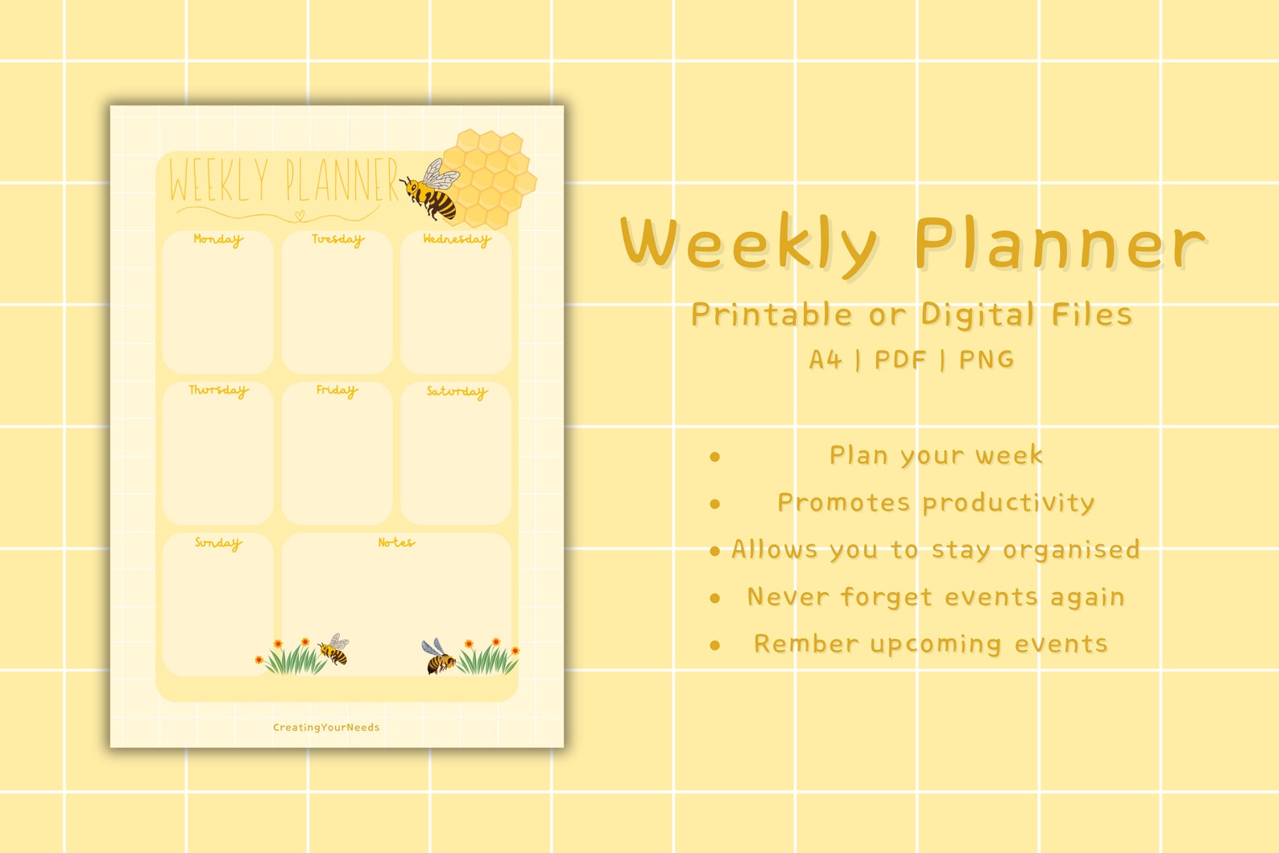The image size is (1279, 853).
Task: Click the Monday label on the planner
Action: pyautogui.click(x=217, y=239)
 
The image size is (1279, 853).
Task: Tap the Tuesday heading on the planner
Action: pyautogui.click(x=337, y=239)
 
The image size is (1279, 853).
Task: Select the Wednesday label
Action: pyautogui.click(x=456, y=239)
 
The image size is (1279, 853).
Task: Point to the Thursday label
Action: pyautogui.click(x=218, y=391)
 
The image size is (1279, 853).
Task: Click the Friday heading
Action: pyautogui.click(x=337, y=391)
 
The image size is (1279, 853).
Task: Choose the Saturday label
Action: pyautogui.click(x=457, y=391)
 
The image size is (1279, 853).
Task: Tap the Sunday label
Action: pyautogui.click(x=217, y=544)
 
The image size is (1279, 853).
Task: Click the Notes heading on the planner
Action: pyautogui.click(x=396, y=543)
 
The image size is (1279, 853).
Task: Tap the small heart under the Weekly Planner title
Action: pyautogui.click(x=300, y=215)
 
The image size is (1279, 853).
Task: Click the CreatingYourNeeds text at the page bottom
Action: pyautogui.click(x=326, y=727)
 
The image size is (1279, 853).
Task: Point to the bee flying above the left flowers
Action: pyautogui.click(x=334, y=649)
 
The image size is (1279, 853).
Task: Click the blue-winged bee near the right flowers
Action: pyautogui.click(x=438, y=656)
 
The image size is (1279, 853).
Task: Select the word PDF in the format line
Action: pyautogui.click(x=900, y=359)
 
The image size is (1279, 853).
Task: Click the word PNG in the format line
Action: pyautogui.click(x=987, y=359)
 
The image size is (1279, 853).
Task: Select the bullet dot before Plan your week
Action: pyautogui.click(x=714, y=457)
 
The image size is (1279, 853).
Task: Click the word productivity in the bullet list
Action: pyautogui.click(x=1008, y=503)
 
